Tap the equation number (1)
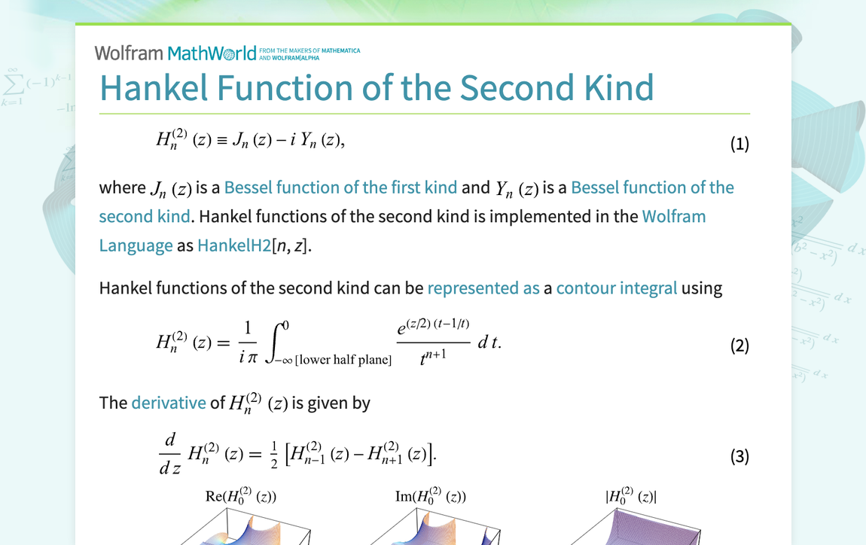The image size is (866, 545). coord(739,144)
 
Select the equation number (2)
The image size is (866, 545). coord(739,345)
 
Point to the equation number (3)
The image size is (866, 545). coord(739,456)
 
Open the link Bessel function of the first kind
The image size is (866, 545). coord(341,187)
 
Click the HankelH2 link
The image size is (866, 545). coord(234,245)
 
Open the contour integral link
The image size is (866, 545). coord(616,288)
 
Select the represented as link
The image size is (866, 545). coord(483,288)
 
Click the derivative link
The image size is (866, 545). coord(169,403)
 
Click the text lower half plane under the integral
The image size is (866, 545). coord(343,360)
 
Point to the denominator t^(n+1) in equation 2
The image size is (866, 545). coord(433,358)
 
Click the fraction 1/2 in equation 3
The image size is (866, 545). coord(274,455)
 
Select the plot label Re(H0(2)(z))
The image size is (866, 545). coord(241,496)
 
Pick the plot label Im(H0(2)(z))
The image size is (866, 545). coord(431,496)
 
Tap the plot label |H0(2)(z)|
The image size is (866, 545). coord(631,496)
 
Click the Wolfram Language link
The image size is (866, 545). coord(403,231)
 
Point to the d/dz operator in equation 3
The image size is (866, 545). coord(170,455)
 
